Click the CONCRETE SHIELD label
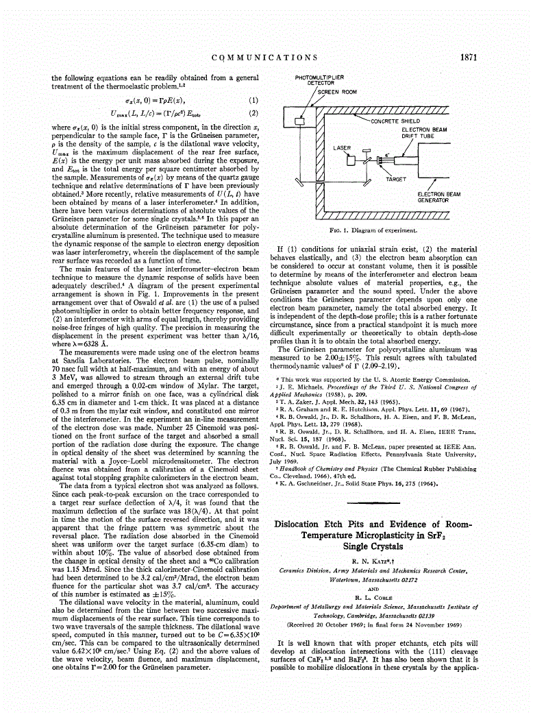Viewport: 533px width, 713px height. click(x=395, y=121)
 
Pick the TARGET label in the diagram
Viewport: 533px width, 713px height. click(x=396, y=179)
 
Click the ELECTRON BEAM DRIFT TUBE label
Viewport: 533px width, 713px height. click(x=424, y=132)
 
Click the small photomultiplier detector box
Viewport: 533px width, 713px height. click(x=300, y=121)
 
